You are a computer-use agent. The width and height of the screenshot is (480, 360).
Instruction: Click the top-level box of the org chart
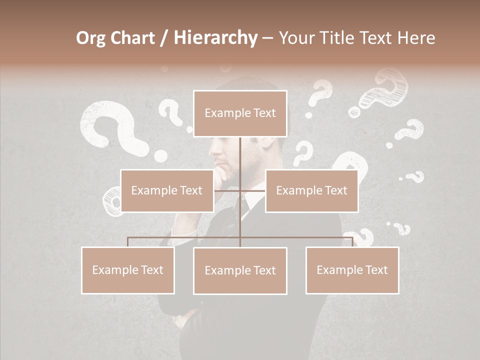pos(240,113)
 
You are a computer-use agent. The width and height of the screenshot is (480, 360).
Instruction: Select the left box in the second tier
pos(167,190)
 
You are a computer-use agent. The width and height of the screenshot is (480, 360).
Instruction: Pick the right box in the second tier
pos(311,190)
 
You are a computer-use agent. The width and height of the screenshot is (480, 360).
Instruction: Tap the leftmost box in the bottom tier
pos(128,270)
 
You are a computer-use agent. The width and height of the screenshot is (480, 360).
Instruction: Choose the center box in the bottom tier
pos(240,270)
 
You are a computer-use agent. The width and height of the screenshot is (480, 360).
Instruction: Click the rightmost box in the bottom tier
pos(352,270)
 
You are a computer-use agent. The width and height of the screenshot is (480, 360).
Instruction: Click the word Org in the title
pos(91,38)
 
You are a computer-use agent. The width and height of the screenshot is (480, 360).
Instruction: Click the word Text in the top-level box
pos(264,113)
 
